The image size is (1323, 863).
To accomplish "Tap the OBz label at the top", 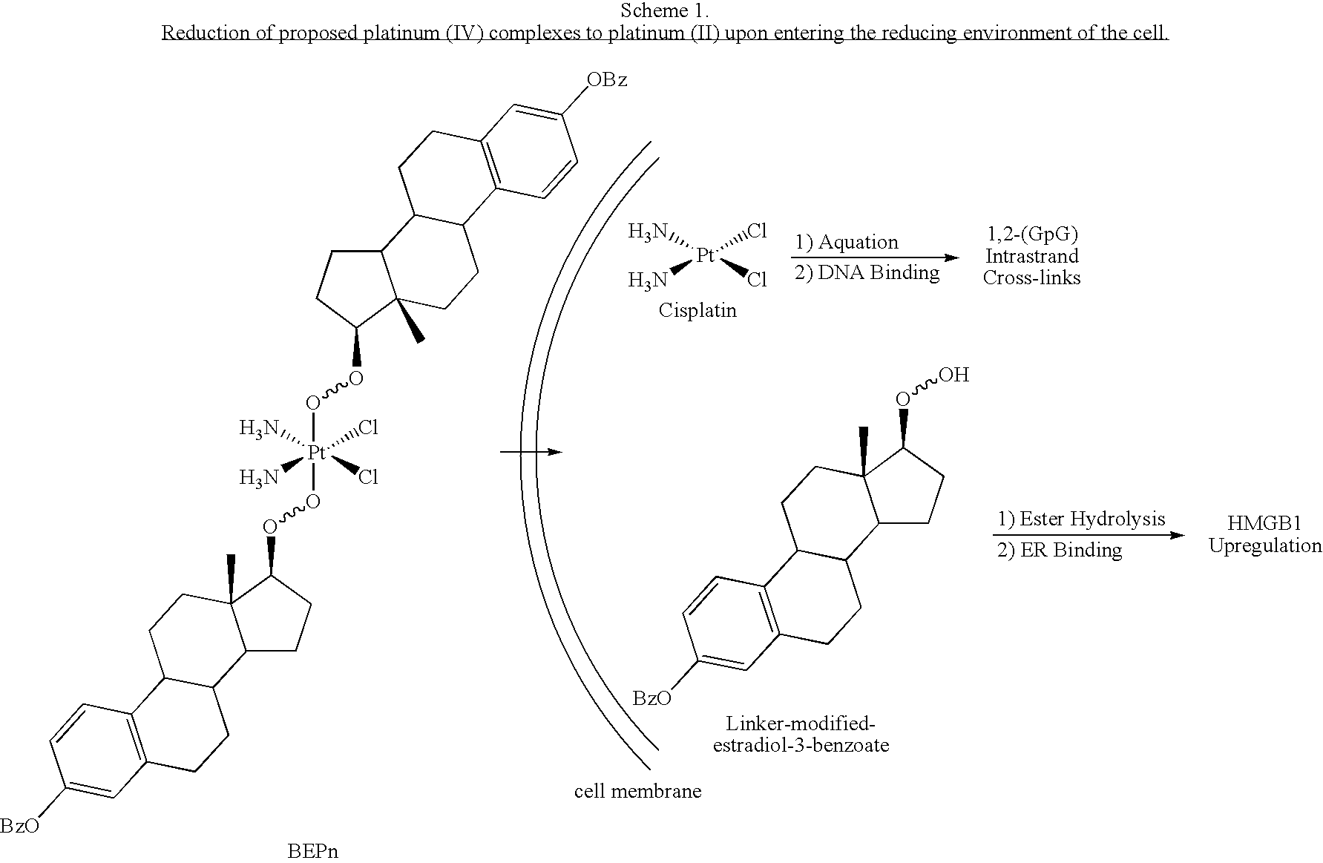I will click(607, 80).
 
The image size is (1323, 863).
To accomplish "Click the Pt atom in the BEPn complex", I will click(316, 453).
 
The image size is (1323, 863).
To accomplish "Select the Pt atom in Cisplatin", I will click(705, 256).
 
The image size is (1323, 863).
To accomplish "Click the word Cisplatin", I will click(697, 310).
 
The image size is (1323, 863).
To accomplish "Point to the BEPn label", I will click(312, 850).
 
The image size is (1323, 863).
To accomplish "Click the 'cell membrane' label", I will click(637, 791).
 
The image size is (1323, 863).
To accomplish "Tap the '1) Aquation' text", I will click(847, 242).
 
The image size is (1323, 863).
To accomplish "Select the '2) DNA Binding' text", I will click(867, 273).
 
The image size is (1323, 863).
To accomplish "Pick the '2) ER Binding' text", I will click(1059, 550).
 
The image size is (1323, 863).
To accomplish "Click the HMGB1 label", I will click(1264, 523).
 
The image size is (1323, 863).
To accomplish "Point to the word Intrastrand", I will click(1031, 256).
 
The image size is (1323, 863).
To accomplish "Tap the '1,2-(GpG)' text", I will click(1031, 234).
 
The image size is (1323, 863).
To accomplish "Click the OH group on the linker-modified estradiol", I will click(954, 375).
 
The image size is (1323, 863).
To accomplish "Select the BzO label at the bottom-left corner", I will click(19, 826).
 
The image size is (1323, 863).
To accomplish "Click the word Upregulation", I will click(1264, 545).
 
